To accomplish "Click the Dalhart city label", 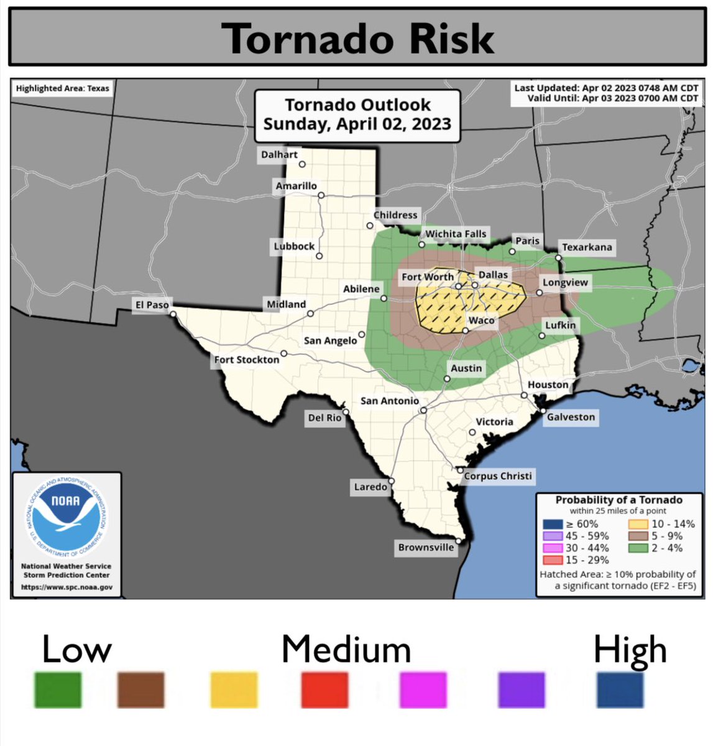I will [x=279, y=155].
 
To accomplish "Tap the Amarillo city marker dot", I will [x=321, y=195].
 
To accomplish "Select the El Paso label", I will [x=152, y=305].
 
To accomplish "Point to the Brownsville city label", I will [x=426, y=548].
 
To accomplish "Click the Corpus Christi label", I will [x=498, y=476].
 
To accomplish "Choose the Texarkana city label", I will [x=587, y=247].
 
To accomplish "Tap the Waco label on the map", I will [x=481, y=321].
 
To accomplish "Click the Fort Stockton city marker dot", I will [x=284, y=354].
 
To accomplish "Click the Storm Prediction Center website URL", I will [x=67, y=587].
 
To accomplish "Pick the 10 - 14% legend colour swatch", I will [x=638, y=524].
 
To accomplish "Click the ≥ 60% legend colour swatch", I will [x=551, y=524].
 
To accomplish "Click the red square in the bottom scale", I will [x=324, y=689].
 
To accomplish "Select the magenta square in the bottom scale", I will [x=423, y=689].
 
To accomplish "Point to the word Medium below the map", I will [x=346, y=650].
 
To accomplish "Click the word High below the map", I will [x=630, y=650].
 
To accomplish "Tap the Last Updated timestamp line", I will [x=605, y=88].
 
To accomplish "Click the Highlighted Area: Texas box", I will [x=62, y=88].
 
